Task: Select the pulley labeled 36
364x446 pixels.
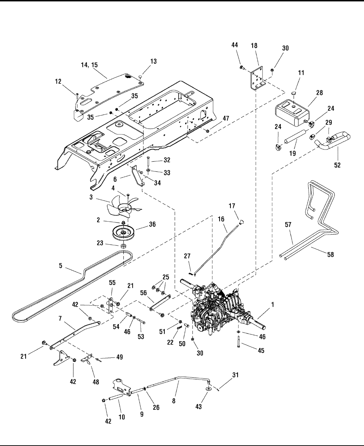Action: pos(123,233)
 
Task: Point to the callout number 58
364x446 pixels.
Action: pos(330,255)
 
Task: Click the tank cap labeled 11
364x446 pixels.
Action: pos(293,93)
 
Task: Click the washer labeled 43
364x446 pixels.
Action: pos(208,388)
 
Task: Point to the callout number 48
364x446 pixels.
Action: pos(95,382)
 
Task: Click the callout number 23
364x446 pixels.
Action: pos(100,243)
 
